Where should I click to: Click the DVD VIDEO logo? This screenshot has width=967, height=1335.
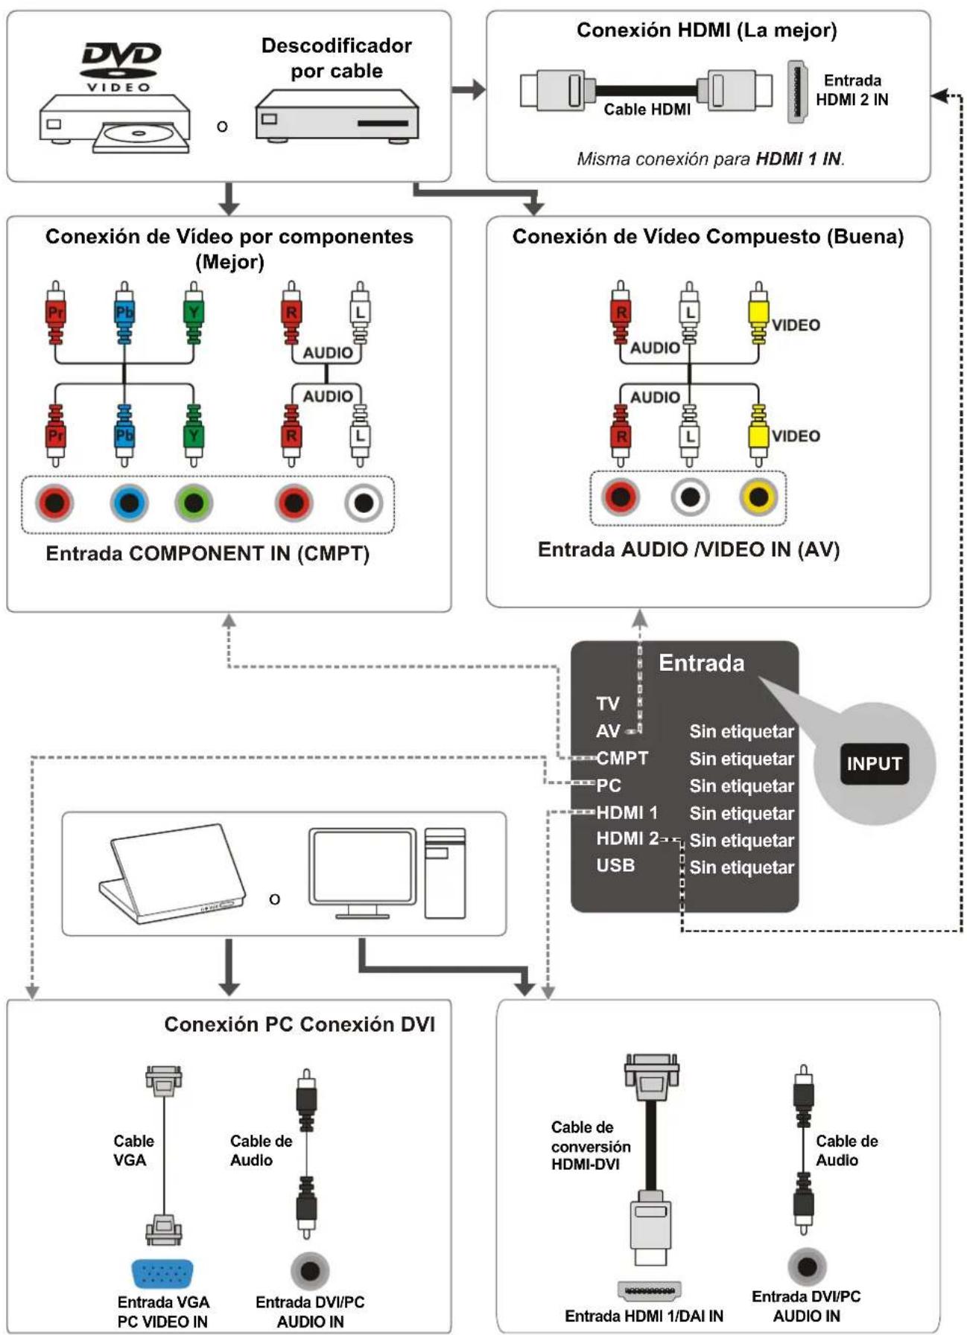[120, 66]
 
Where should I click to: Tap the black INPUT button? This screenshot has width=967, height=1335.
[874, 763]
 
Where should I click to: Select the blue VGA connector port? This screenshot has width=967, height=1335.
[163, 1274]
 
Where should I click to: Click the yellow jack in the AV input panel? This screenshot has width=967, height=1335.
[758, 497]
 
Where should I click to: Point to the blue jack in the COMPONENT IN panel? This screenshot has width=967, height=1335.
[129, 503]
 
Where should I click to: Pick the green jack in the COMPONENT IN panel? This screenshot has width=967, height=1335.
[194, 503]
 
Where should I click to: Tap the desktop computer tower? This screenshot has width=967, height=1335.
[446, 873]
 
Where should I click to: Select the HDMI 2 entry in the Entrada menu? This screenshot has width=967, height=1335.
[627, 839]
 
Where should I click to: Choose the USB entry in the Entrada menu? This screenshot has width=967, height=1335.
[615, 865]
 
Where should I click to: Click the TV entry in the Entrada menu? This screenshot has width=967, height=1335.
[608, 704]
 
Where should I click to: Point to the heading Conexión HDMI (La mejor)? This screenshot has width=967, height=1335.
[706, 31]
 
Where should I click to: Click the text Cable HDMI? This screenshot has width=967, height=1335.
[647, 109]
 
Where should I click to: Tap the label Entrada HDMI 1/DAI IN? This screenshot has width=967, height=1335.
[644, 1316]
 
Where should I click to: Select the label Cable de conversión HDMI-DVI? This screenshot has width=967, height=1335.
[591, 1146]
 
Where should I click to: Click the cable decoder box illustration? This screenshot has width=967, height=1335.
[337, 115]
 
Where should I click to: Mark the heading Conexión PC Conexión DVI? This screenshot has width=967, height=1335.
[299, 1025]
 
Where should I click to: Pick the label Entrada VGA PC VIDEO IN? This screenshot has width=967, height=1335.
[162, 1312]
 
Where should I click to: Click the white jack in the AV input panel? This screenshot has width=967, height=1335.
[690, 497]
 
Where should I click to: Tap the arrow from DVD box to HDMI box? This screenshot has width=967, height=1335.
[469, 90]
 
